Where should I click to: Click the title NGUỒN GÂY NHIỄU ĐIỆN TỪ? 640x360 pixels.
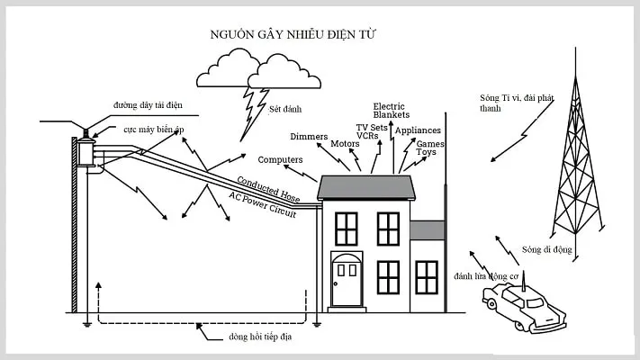(x=292, y=34)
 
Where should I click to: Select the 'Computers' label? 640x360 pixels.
(x=280, y=159)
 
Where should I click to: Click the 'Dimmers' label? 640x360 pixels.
(x=309, y=136)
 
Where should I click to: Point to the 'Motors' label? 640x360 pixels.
(x=345, y=143)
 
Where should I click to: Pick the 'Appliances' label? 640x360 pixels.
(x=418, y=130)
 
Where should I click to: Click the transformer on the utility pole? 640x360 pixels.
(x=87, y=153)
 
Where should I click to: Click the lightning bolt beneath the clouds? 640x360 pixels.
(x=249, y=112)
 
